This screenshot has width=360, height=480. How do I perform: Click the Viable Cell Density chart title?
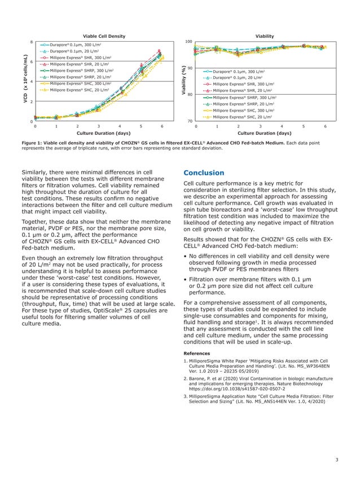point(104,36)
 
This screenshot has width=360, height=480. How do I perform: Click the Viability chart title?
point(265,36)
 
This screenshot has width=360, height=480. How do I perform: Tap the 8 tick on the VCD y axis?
point(31,42)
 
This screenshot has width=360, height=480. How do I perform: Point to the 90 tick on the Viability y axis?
point(190,68)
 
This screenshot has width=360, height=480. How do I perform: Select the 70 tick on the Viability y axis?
point(190,121)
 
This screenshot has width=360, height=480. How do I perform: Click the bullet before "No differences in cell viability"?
point(186,256)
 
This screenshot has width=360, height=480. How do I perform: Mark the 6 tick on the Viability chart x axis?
point(326,126)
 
